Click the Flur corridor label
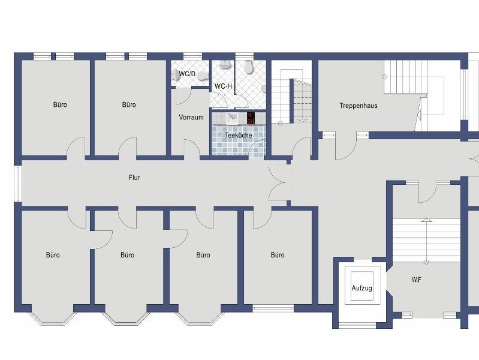tap(134, 178)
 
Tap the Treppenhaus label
tap(359, 106)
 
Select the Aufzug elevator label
tap(361, 288)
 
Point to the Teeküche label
tap(238, 135)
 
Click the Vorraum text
tap(191, 117)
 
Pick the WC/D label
tap(187, 74)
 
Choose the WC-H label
tap(223, 86)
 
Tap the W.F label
tap(417, 280)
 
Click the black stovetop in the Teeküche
tap(251, 118)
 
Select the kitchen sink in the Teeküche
tap(233, 118)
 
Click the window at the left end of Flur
tap(18, 184)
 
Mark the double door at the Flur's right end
tap(279, 182)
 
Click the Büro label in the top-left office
tap(60, 104)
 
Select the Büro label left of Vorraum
tap(129, 104)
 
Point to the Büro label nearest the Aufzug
tap(278, 255)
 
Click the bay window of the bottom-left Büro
tap(53, 318)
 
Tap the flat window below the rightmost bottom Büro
tap(273, 308)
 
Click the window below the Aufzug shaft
tap(357, 325)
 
